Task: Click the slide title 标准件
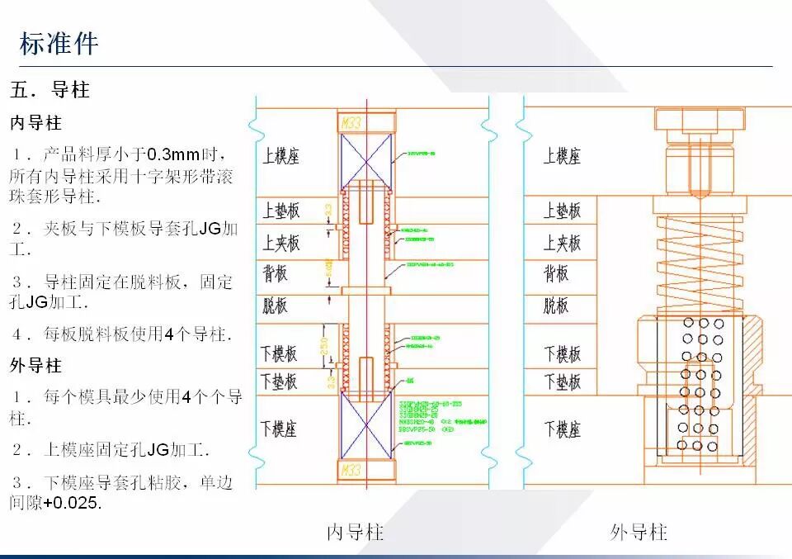pyautogui.click(x=59, y=44)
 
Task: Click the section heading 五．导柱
pyautogui.click(x=49, y=89)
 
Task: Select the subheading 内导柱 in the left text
pyautogui.click(x=35, y=123)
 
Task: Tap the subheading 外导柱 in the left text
pyautogui.click(x=35, y=364)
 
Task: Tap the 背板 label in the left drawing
pyautogui.click(x=276, y=273)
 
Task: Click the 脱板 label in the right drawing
pyautogui.click(x=556, y=306)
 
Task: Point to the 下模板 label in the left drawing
pyautogui.click(x=280, y=354)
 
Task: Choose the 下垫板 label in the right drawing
pyautogui.click(x=562, y=381)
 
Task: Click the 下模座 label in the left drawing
pyautogui.click(x=280, y=428)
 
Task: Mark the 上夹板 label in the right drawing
pyautogui.click(x=562, y=243)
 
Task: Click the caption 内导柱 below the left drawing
pyautogui.click(x=356, y=533)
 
